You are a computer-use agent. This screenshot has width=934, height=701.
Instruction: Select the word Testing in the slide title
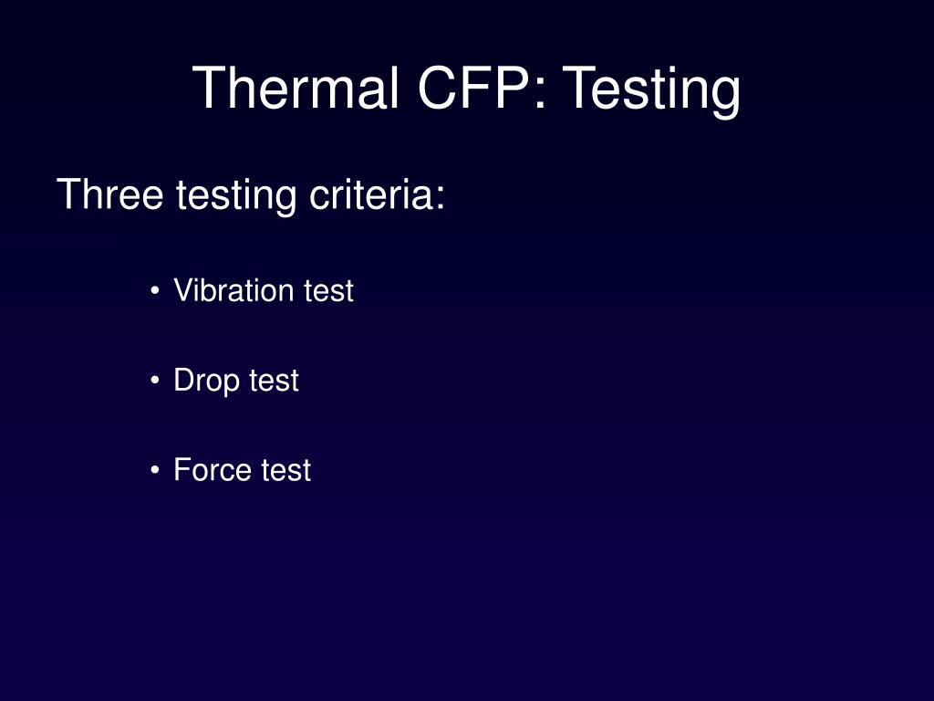pos(651,90)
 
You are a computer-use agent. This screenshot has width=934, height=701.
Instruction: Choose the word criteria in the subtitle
pos(370,194)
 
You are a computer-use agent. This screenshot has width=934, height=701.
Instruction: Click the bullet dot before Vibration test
pos(156,291)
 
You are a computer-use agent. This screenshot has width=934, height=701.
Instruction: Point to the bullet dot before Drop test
pos(156,381)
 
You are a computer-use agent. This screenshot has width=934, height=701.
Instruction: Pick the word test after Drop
pos(274,381)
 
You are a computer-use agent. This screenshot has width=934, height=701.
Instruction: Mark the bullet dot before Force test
pos(156,470)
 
